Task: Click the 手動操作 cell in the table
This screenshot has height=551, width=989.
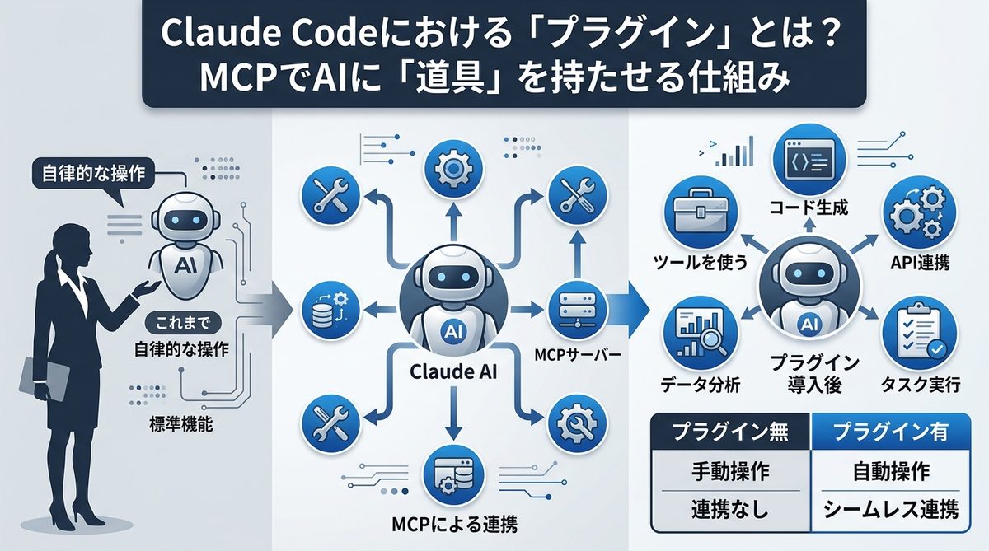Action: [x=729, y=471]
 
